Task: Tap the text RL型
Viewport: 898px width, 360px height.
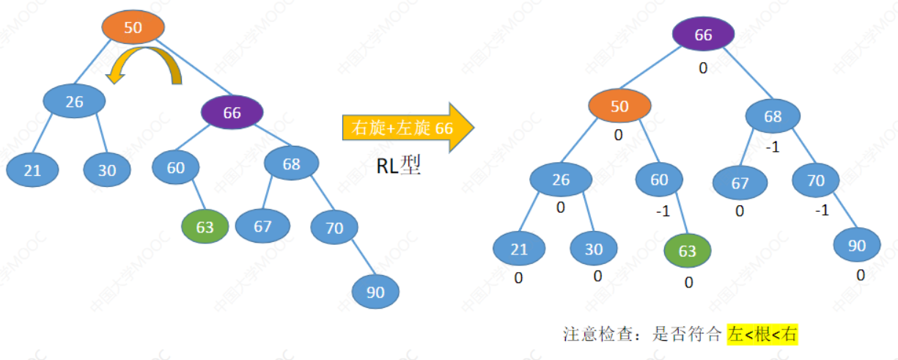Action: click(x=399, y=167)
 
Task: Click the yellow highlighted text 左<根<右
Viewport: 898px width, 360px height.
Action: click(x=762, y=335)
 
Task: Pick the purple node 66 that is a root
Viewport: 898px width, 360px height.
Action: click(x=703, y=36)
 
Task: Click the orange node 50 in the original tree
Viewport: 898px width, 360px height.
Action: click(x=133, y=28)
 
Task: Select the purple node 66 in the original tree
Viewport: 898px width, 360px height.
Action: click(x=232, y=113)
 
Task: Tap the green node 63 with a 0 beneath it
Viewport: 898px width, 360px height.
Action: click(x=687, y=251)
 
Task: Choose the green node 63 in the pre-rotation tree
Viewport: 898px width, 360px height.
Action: click(x=205, y=227)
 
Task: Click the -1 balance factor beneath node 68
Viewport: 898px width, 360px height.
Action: click(x=772, y=147)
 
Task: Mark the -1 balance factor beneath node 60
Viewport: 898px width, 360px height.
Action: click(x=662, y=210)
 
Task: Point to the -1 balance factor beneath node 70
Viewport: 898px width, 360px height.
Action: click(x=822, y=210)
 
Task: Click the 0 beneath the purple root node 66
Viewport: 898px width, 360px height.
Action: click(x=703, y=68)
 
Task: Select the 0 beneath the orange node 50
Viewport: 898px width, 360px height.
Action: click(x=618, y=135)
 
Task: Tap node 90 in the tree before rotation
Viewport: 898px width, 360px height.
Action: click(x=375, y=293)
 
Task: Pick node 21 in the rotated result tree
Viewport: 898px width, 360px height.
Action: click(x=519, y=249)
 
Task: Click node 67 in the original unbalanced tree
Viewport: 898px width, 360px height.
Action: click(x=262, y=226)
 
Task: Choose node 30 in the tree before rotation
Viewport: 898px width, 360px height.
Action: click(x=107, y=170)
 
